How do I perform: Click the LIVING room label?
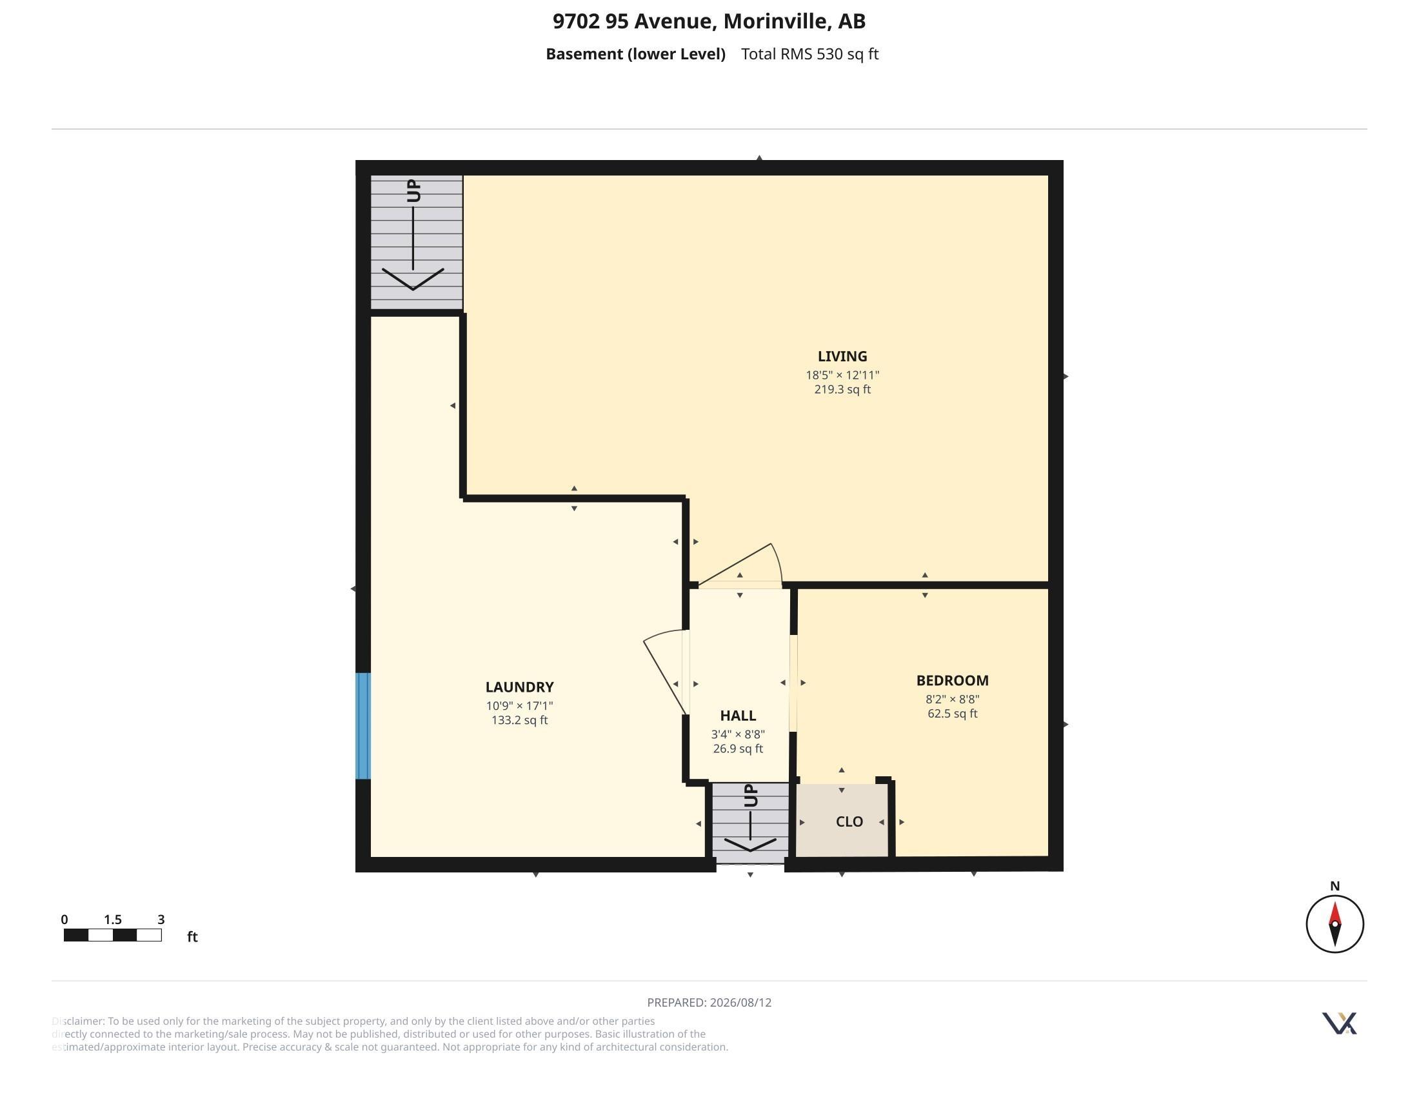click(842, 356)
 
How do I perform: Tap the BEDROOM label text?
click(953, 680)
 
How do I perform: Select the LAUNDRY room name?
click(519, 687)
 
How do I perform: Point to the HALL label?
click(738, 716)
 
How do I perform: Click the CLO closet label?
click(849, 821)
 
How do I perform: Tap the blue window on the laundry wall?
click(363, 726)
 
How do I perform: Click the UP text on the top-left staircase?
click(414, 191)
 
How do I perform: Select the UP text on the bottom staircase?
click(749, 796)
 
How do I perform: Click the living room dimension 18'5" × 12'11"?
click(842, 375)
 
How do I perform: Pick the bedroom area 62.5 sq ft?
click(953, 714)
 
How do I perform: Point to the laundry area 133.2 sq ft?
click(519, 720)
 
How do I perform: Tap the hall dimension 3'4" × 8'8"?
click(738, 734)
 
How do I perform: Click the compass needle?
click(1335, 923)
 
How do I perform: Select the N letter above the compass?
click(1335, 886)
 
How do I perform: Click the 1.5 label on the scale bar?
click(113, 920)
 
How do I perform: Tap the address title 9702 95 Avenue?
click(633, 21)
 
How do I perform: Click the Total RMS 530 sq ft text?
click(809, 54)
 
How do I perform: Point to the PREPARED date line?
click(709, 1002)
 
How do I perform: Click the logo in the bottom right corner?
click(1339, 1023)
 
